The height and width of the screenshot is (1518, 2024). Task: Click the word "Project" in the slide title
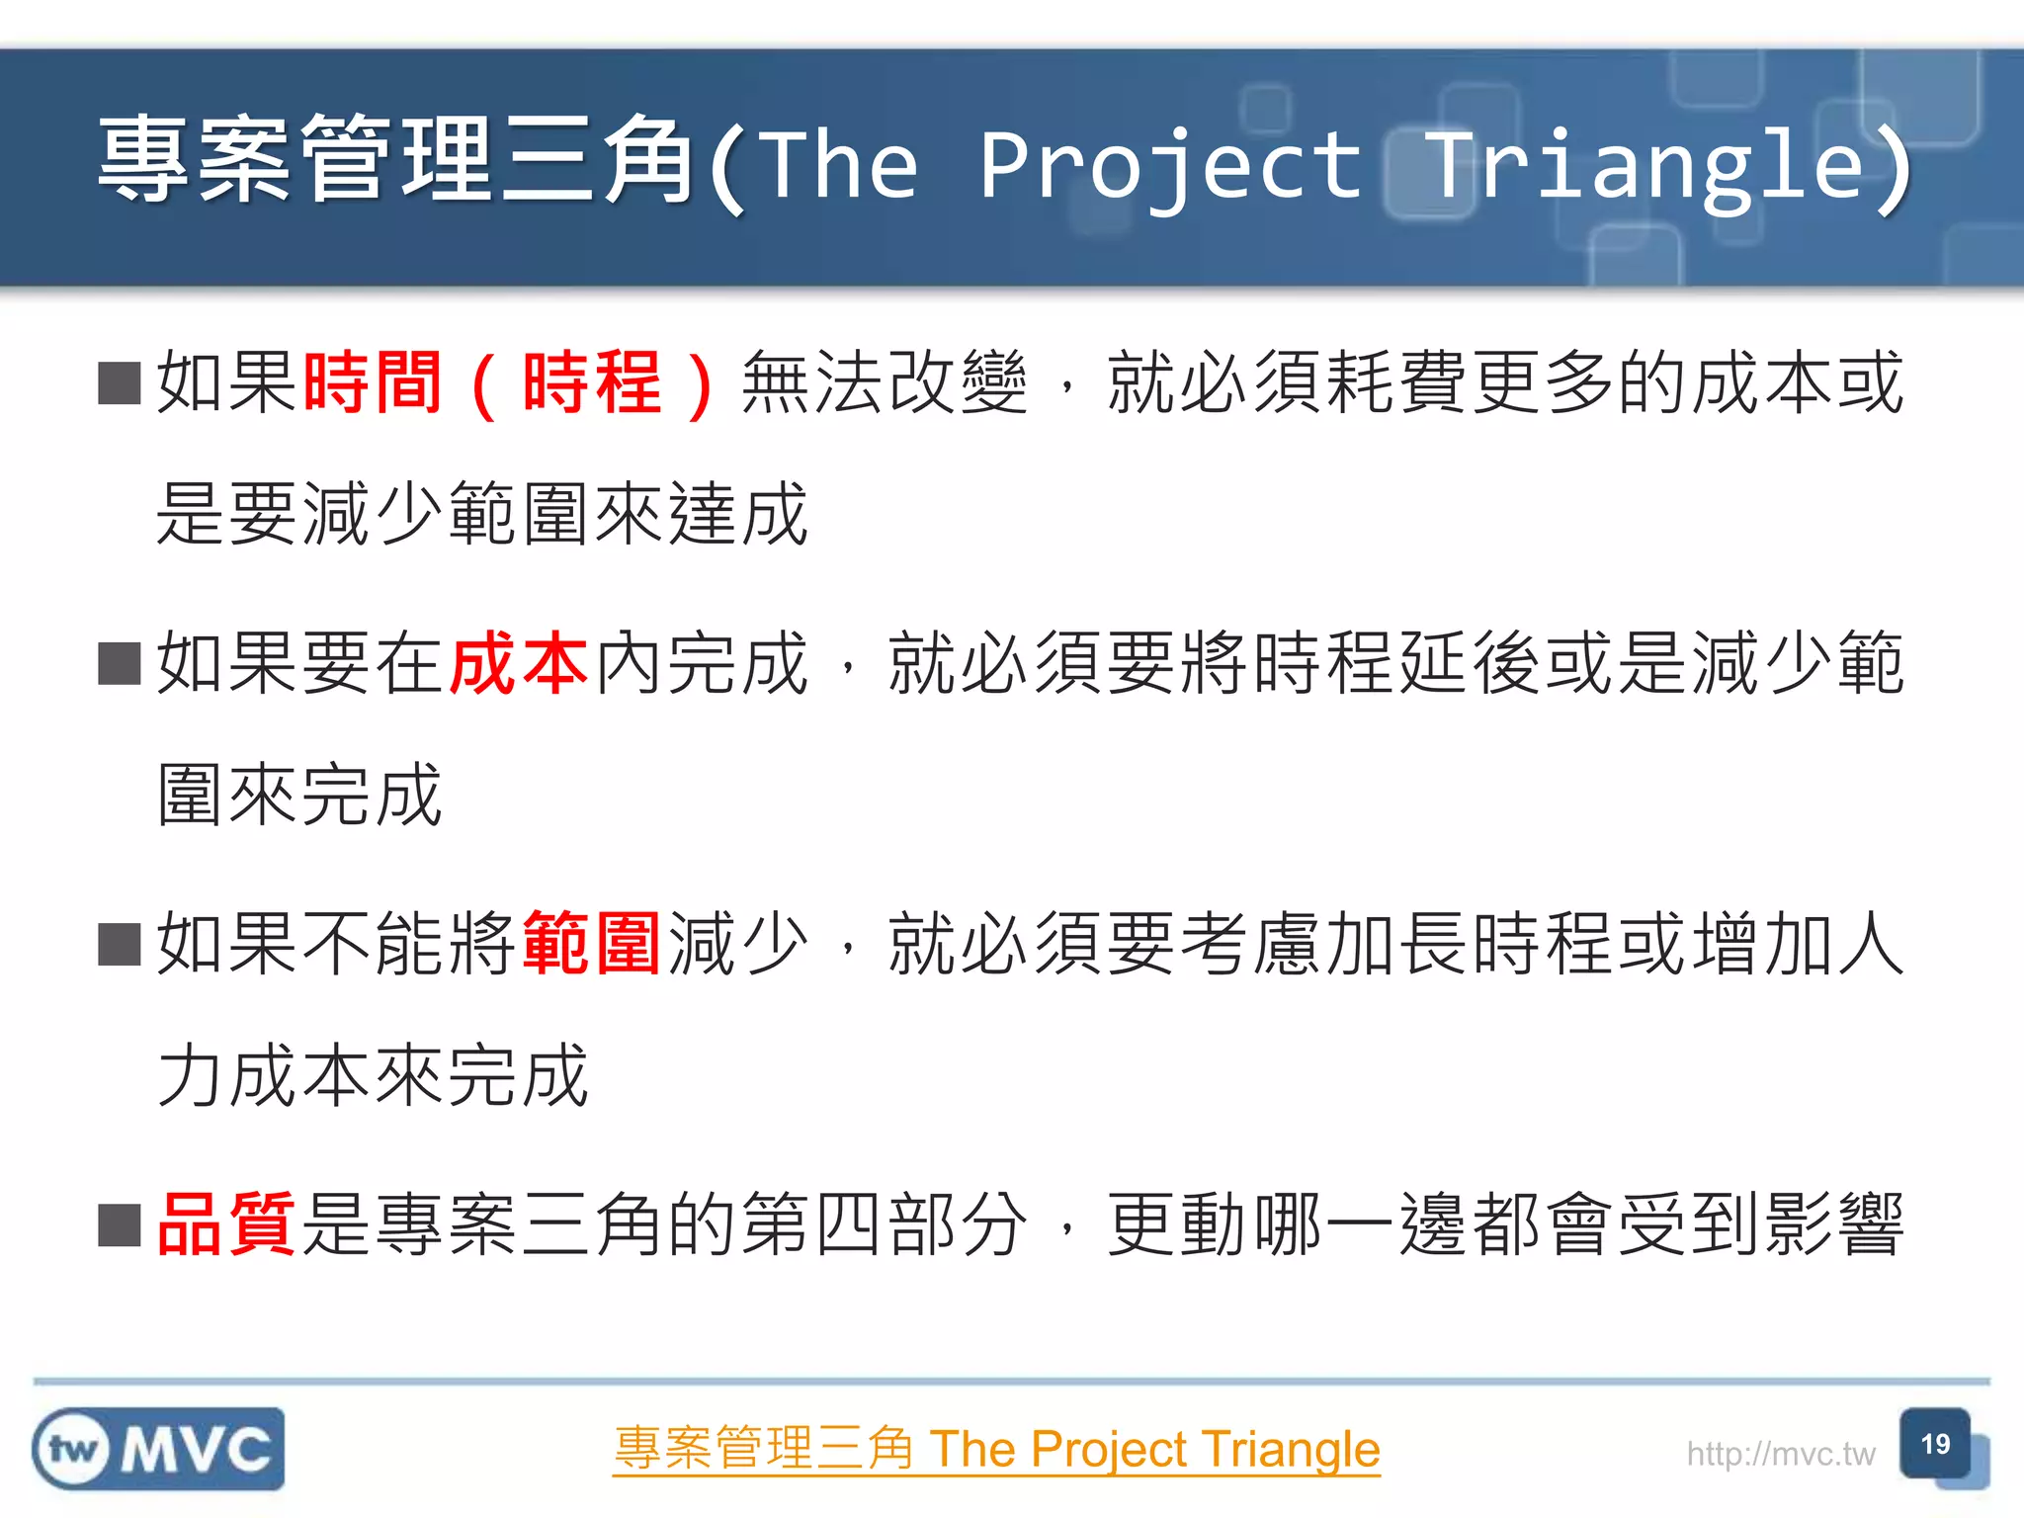click(x=1171, y=166)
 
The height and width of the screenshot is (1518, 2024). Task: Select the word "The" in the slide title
click(x=841, y=166)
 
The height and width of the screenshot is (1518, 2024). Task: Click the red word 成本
click(x=520, y=663)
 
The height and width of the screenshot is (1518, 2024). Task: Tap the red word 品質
click(x=226, y=1224)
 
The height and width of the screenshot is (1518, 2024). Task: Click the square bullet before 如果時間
click(x=120, y=383)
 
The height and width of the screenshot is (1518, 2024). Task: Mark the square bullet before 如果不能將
click(x=120, y=945)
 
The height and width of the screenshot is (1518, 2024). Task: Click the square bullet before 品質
click(x=120, y=1225)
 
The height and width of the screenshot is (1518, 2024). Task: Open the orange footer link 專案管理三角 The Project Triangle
click(x=996, y=1450)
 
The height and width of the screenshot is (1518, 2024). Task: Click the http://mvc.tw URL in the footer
click(x=1780, y=1454)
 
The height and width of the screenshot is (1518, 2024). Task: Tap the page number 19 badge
click(x=1935, y=1445)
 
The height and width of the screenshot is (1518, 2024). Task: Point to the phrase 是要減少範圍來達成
click(x=482, y=514)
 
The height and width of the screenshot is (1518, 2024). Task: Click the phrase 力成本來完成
click(x=374, y=1075)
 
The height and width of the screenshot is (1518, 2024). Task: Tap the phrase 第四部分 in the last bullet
click(x=884, y=1224)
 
